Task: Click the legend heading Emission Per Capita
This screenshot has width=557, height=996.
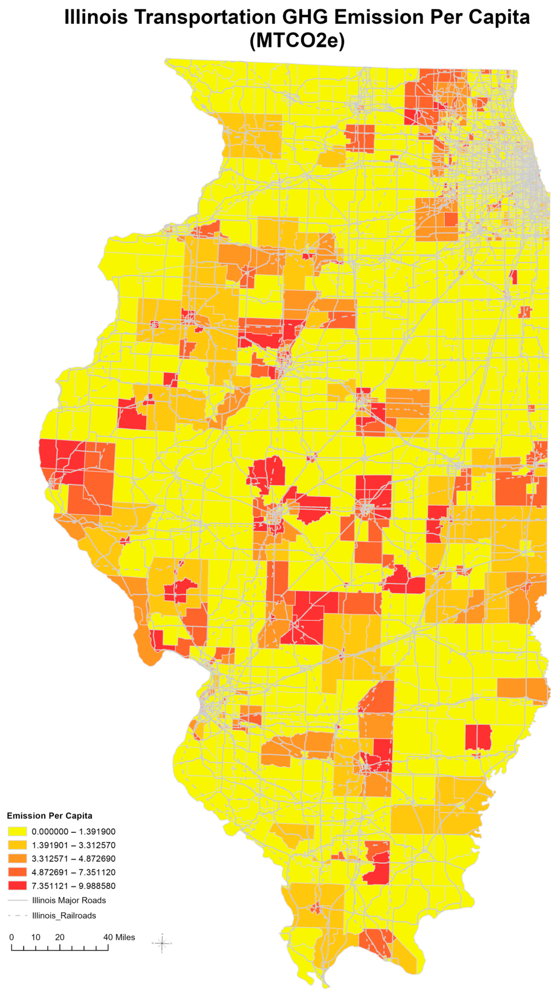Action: click(50, 816)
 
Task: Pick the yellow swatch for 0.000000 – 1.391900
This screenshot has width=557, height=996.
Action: click(17, 832)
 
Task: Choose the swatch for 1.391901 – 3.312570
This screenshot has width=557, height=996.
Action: click(17, 845)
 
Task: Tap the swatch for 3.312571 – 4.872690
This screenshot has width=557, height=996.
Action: click(17, 859)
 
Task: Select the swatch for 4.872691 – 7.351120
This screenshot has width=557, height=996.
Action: click(17, 872)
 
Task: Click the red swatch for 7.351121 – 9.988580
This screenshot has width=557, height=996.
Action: click(17, 886)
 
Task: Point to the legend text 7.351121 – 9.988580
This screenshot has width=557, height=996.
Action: click(74, 886)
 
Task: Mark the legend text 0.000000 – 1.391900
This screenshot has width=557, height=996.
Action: click(74, 832)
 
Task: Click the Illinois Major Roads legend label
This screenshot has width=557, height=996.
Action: click(69, 901)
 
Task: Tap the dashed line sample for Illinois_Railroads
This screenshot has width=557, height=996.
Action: click(17, 915)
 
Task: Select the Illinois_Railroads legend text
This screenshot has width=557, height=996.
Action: click(64, 915)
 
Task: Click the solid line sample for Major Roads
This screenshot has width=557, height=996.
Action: click(17, 901)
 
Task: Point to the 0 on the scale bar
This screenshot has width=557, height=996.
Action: click(12, 937)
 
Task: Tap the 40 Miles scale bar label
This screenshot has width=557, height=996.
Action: click(119, 937)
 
